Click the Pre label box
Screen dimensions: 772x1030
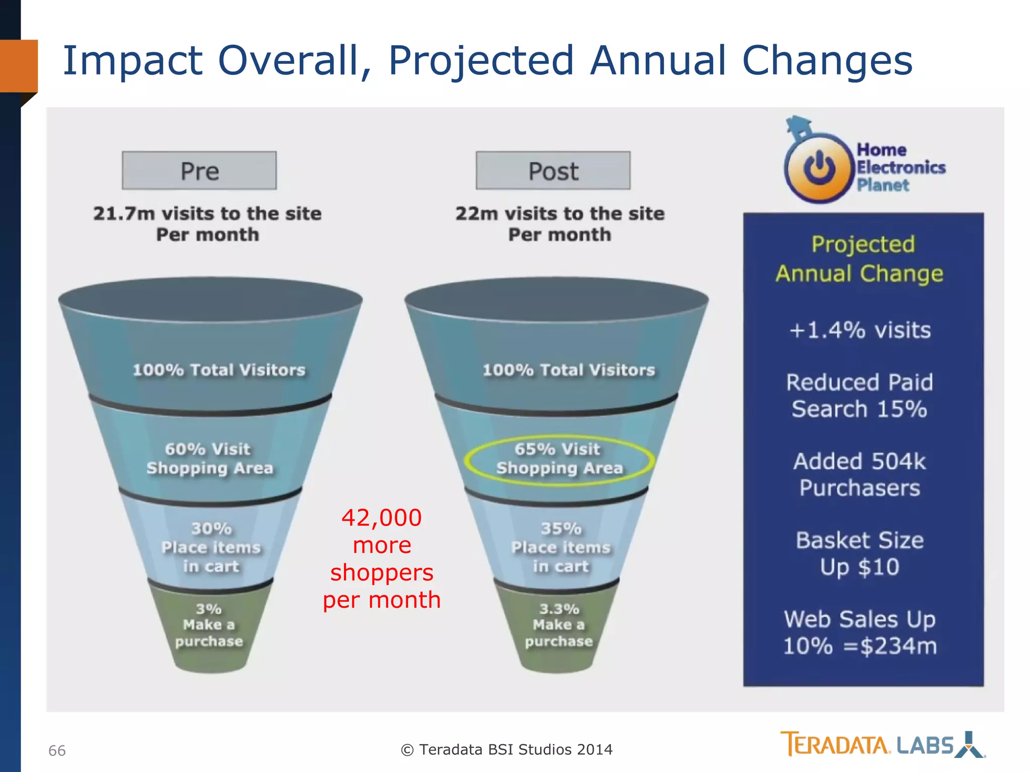(x=199, y=171)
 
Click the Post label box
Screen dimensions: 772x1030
(x=553, y=171)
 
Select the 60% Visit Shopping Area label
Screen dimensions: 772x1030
(x=209, y=458)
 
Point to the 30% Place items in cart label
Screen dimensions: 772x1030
(x=211, y=547)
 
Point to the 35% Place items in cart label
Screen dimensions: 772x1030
(x=561, y=547)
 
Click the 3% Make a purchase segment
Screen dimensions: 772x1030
(x=209, y=625)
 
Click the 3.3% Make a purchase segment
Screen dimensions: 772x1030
(x=559, y=625)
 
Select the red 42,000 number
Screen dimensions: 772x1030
(x=382, y=518)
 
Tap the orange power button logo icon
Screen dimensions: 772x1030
(x=819, y=168)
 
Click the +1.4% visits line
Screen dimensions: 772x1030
(x=860, y=330)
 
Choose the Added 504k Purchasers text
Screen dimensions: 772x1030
(x=860, y=474)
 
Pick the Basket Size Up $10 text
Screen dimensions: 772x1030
(x=860, y=553)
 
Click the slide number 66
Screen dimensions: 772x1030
(x=57, y=750)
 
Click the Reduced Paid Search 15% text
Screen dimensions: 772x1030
(x=860, y=396)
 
